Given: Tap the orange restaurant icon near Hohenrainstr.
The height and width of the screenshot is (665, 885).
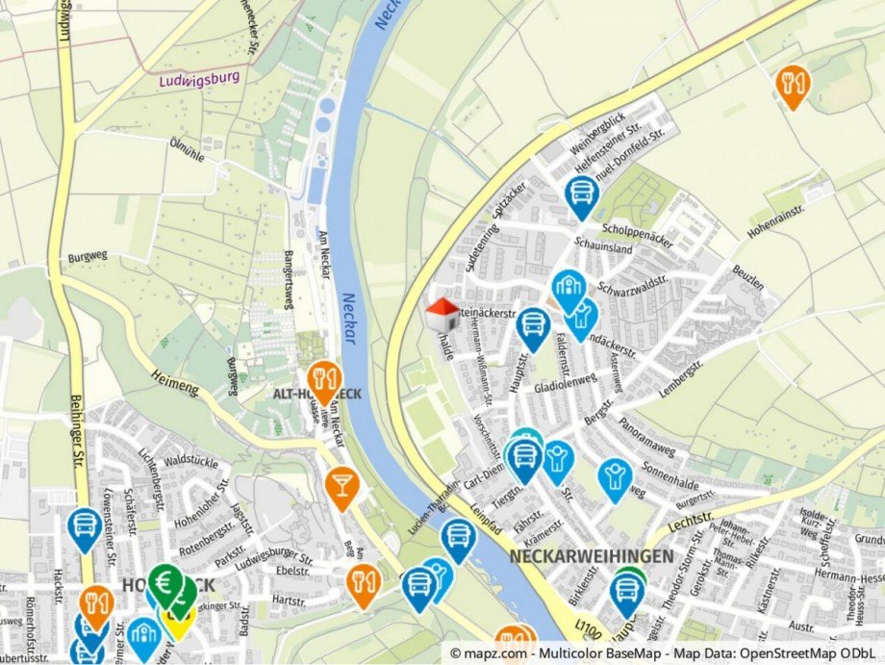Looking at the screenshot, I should tap(793, 85).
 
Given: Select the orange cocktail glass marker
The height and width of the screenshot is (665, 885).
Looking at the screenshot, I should tap(341, 485).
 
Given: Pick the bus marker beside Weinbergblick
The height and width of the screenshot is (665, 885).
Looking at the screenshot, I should tap(581, 194).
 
